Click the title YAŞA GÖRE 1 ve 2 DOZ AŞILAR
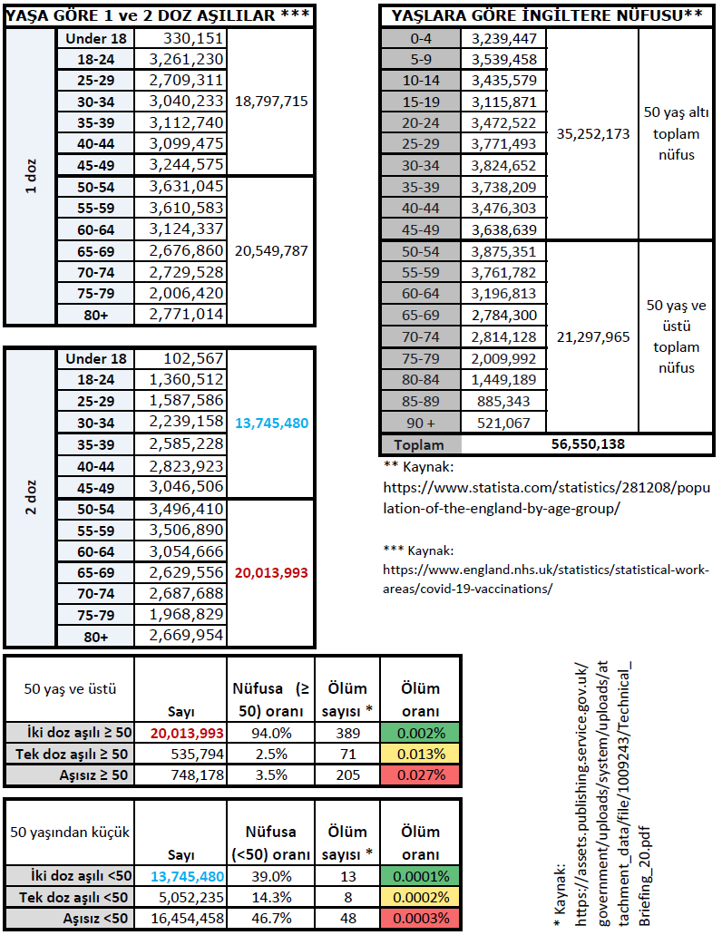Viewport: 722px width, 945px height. pyautogui.click(x=160, y=15)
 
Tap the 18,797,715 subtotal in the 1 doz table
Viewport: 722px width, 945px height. pyautogui.click(x=271, y=102)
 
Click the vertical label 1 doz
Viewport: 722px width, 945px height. pyautogui.click(x=31, y=177)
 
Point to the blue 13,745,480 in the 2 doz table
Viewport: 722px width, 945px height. pyautogui.click(x=271, y=423)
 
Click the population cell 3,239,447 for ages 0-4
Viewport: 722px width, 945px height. pyautogui.click(x=505, y=39)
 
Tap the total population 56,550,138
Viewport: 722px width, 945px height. pyautogui.click(x=589, y=444)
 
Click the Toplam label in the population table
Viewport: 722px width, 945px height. pyautogui.click(x=420, y=444)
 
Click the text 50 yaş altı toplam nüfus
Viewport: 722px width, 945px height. pyautogui.click(x=672, y=133)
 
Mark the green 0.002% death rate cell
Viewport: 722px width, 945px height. pyautogui.click(x=419, y=733)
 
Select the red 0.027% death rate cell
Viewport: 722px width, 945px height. pyautogui.click(x=419, y=775)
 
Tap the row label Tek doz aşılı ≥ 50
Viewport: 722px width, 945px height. pyautogui.click(x=70, y=754)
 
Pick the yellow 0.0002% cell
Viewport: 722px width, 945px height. pyautogui.click(x=419, y=897)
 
